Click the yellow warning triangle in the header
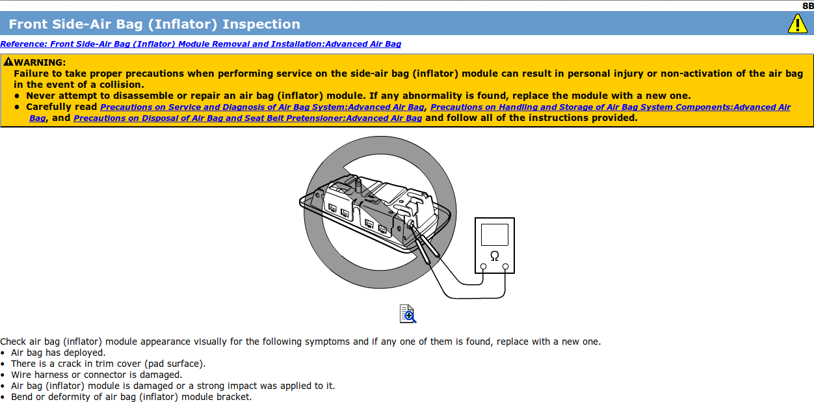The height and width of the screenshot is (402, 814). click(797, 24)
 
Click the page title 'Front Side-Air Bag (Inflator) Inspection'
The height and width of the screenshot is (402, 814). click(154, 25)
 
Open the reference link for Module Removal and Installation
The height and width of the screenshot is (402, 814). click(200, 44)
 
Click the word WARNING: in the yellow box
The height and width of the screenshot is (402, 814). click(40, 62)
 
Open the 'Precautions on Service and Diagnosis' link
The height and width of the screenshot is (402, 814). click(262, 107)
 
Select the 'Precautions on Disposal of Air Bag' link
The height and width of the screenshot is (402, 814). click(248, 118)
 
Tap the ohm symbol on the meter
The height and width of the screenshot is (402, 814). click(494, 255)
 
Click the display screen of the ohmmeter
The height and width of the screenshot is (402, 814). click(494, 234)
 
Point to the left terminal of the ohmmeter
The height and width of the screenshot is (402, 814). click(483, 267)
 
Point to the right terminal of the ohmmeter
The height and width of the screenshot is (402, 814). click(505, 267)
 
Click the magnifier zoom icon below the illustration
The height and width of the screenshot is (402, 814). click(408, 314)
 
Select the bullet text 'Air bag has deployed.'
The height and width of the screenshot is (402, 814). click(58, 353)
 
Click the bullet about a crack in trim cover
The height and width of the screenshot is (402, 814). click(108, 364)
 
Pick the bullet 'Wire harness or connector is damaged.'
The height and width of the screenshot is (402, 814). click(96, 375)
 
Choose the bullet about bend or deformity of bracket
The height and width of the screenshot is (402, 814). click(131, 397)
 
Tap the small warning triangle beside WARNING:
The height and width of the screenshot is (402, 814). click(8, 62)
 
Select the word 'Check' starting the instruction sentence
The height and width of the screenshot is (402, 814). click(14, 342)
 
